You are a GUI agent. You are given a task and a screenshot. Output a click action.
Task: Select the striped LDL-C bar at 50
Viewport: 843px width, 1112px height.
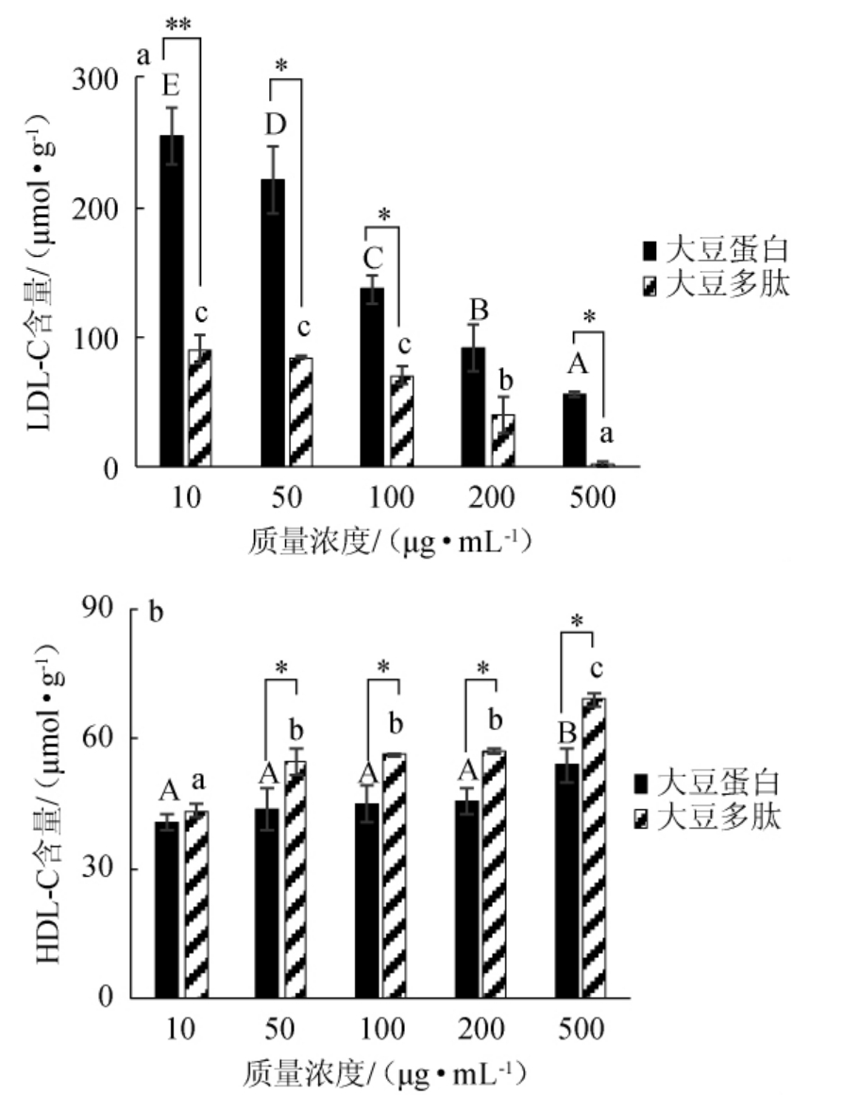tap(300, 411)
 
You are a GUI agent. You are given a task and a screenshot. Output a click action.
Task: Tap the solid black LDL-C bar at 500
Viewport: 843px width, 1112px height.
tap(573, 430)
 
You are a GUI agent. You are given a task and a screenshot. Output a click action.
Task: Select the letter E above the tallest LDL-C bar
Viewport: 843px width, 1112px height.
tap(171, 87)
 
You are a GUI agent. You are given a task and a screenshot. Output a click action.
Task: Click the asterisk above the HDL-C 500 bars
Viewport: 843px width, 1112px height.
tap(577, 620)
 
